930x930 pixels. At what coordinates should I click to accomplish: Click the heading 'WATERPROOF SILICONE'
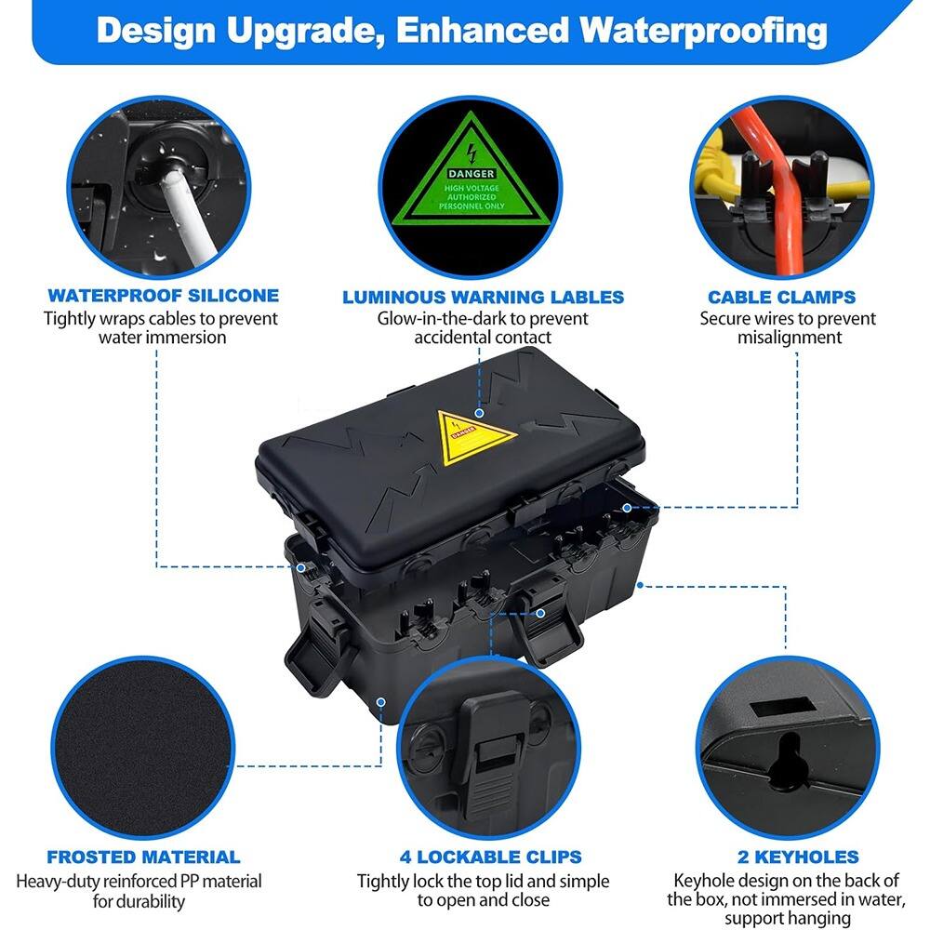point(163,297)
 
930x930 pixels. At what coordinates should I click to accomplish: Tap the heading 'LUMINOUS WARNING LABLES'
point(483,298)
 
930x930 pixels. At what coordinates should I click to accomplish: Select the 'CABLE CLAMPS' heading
point(781,298)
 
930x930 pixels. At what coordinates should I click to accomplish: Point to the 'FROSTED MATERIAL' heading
point(143,857)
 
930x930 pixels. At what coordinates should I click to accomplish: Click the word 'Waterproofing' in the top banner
point(703,31)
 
